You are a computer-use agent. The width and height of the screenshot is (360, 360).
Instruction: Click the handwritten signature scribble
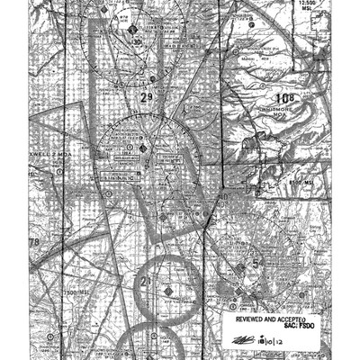(x=245, y=339)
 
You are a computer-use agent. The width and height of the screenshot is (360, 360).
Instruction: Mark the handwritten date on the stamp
(x=269, y=339)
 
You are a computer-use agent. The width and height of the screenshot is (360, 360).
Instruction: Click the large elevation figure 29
(x=147, y=94)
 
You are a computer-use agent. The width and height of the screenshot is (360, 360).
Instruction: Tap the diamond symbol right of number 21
(x=170, y=290)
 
